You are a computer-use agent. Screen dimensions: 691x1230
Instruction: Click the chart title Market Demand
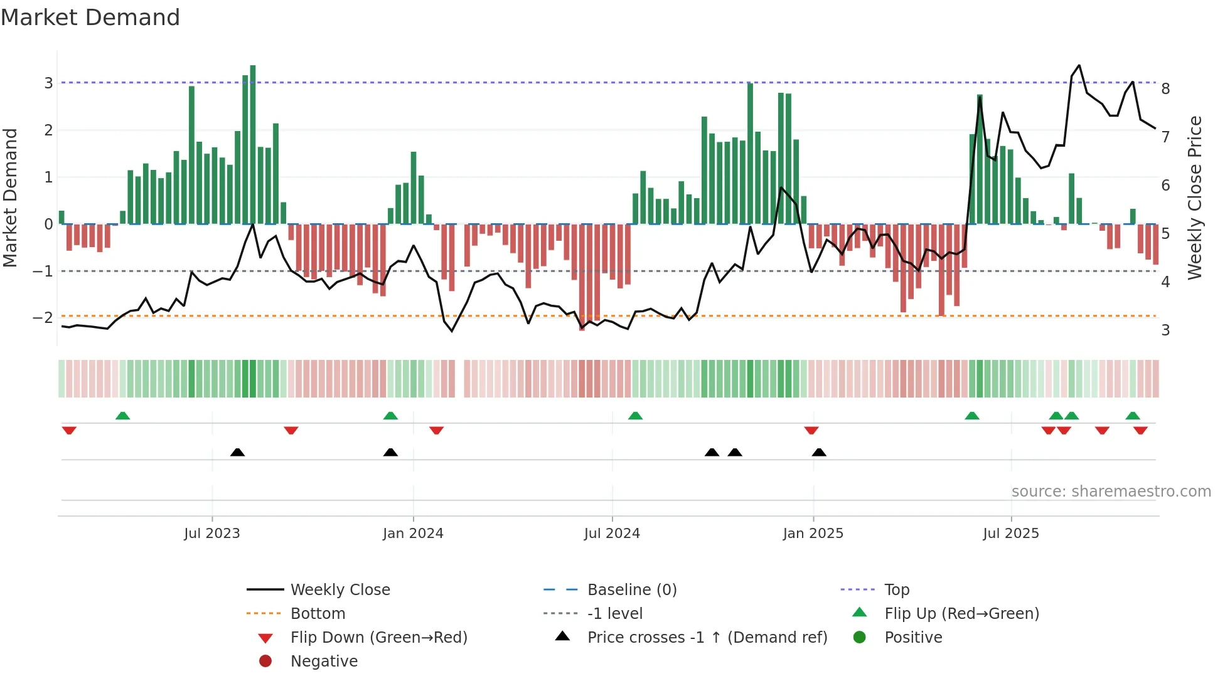(x=90, y=18)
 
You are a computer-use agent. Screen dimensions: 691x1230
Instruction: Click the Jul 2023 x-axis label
(x=212, y=534)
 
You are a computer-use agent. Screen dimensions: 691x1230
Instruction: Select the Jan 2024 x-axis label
(x=413, y=534)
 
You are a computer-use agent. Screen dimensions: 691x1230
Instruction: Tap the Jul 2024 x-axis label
(x=612, y=534)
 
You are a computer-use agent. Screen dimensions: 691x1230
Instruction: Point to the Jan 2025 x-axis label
(x=813, y=534)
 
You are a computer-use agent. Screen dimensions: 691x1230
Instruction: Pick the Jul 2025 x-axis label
(x=1011, y=534)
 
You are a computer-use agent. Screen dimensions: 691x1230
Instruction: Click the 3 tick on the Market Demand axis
(x=48, y=83)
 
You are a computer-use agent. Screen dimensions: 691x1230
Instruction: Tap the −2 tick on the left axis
(x=43, y=318)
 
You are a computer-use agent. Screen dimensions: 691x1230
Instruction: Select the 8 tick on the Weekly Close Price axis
(x=1165, y=89)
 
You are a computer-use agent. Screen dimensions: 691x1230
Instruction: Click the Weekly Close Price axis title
(x=1195, y=198)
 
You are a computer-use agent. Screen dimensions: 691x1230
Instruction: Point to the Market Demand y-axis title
(x=10, y=198)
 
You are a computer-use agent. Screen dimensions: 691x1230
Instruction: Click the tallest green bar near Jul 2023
(x=253, y=144)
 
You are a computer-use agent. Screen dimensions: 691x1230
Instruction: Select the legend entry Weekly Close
(x=340, y=590)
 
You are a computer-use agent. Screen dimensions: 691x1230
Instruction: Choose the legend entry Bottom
(x=318, y=614)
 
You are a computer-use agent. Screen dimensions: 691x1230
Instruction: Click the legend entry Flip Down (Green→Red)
(x=378, y=638)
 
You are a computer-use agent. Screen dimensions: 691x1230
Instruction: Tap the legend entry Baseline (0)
(x=632, y=590)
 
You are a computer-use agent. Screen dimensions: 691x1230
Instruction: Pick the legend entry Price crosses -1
(x=707, y=638)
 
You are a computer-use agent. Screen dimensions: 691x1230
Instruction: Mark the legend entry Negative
(x=324, y=662)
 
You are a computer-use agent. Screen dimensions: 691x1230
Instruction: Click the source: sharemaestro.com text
(x=1111, y=492)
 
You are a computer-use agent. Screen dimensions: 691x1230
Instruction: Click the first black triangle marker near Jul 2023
(x=237, y=452)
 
